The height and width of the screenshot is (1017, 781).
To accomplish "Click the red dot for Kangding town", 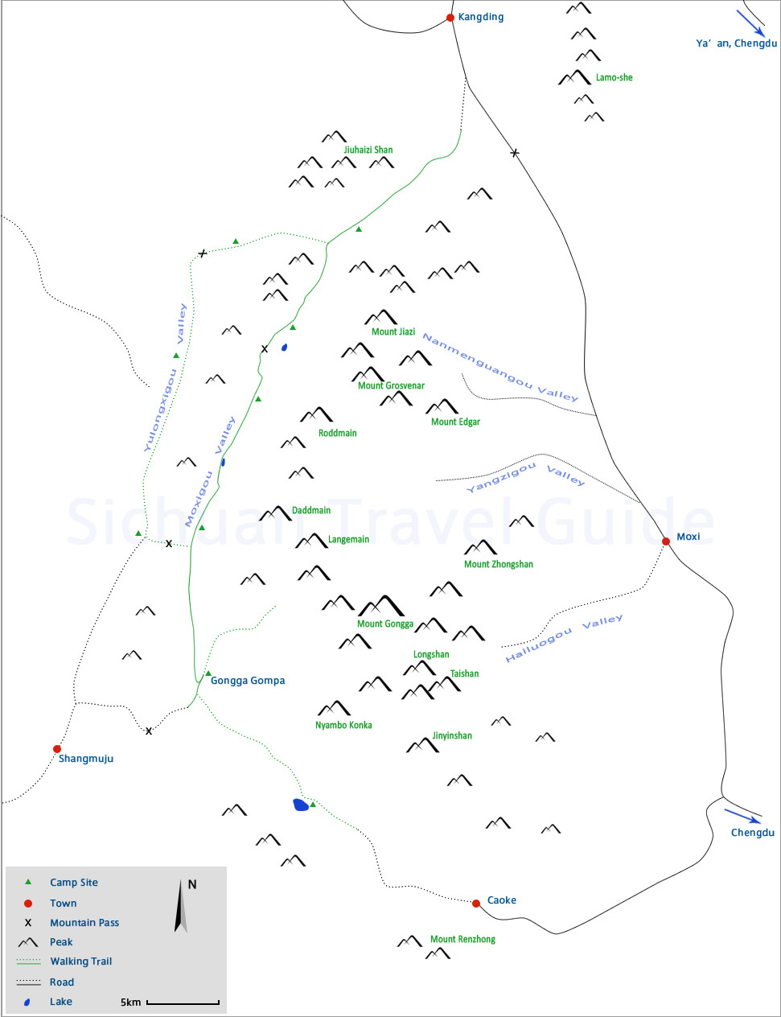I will tap(450, 18).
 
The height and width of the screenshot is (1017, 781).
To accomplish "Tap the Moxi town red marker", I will tap(666, 541).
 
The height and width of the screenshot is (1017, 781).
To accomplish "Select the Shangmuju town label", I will tap(86, 759).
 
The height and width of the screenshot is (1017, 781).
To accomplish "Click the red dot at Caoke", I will tap(476, 904).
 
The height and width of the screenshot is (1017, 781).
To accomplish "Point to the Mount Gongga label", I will tap(385, 624).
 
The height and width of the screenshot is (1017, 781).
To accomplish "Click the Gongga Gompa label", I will tap(248, 681).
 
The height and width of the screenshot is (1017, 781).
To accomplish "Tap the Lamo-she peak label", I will tap(614, 78).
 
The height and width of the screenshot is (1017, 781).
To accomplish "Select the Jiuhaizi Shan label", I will tap(368, 150).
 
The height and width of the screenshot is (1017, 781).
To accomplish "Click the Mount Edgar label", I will tap(455, 422).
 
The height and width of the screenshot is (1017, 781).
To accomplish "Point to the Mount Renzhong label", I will tap(462, 939).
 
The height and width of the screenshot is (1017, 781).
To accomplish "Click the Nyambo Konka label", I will tap(343, 725).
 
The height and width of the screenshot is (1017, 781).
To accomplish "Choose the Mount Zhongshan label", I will tap(499, 564).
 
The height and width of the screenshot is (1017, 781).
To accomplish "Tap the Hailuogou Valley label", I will tap(564, 639).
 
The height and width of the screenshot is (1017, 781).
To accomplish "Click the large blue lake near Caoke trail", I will tap(301, 805).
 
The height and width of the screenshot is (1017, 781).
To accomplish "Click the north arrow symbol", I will tap(182, 907).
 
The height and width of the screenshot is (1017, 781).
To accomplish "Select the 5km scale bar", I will tap(183, 1003).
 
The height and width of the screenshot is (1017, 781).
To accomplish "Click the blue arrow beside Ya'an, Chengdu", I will tap(751, 22).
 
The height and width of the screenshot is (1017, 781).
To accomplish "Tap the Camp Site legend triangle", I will tap(28, 882).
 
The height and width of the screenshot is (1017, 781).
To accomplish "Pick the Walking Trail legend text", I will tap(81, 961).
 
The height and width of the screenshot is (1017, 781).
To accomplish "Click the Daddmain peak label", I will tap(311, 510).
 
